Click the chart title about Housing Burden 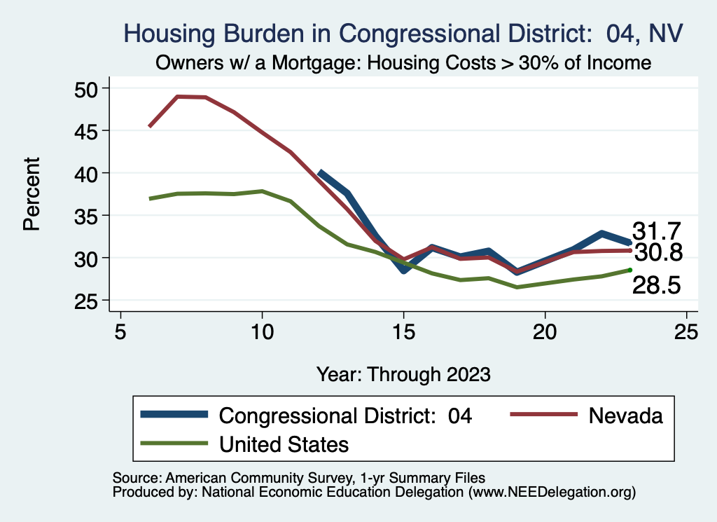point(403,33)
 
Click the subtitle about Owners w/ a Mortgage point(403,63)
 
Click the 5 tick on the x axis point(120,331)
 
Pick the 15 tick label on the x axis point(403,331)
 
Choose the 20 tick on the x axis point(545,331)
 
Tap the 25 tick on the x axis point(687,331)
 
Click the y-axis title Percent point(31,194)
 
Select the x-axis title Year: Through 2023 point(403,373)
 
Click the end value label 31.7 point(657,231)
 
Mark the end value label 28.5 point(657,285)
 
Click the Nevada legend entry point(625,415)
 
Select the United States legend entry point(284,444)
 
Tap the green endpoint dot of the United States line point(630,270)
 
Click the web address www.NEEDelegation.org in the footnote point(552,493)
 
